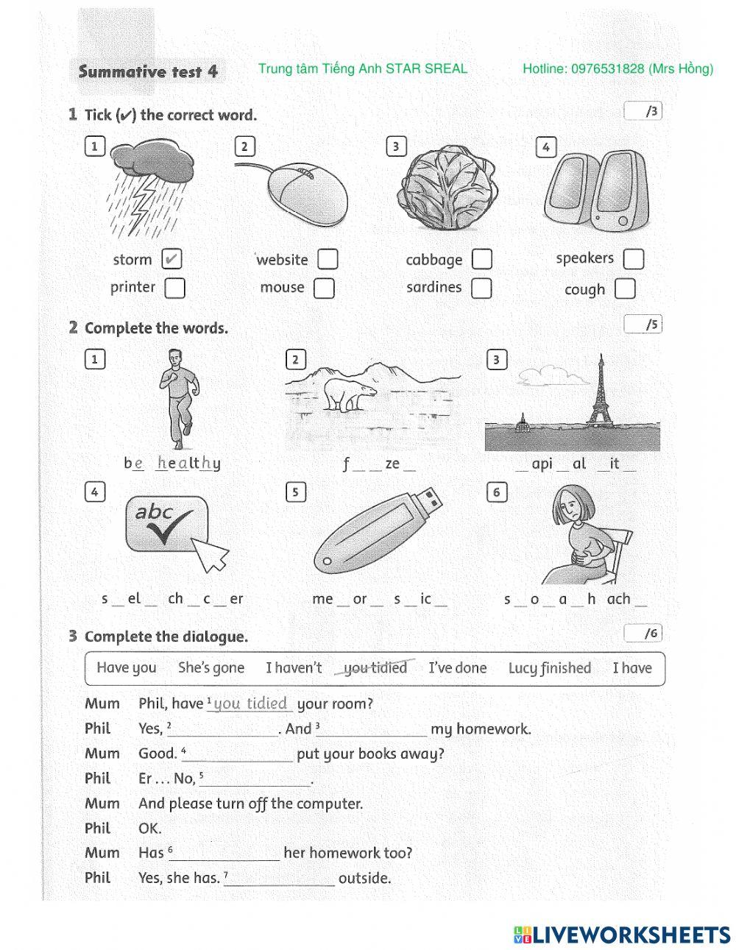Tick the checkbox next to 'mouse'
click(324, 288)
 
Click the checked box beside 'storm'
click(171, 259)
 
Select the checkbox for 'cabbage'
click(481, 259)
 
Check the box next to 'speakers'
click(633, 259)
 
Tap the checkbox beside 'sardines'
click(481, 288)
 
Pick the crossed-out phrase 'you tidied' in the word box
click(375, 668)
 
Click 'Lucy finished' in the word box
click(549, 668)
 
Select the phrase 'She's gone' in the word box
click(211, 668)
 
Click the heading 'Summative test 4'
click(148, 71)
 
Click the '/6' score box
click(643, 633)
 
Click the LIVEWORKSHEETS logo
click(622, 935)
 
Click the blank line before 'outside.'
click(280, 879)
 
